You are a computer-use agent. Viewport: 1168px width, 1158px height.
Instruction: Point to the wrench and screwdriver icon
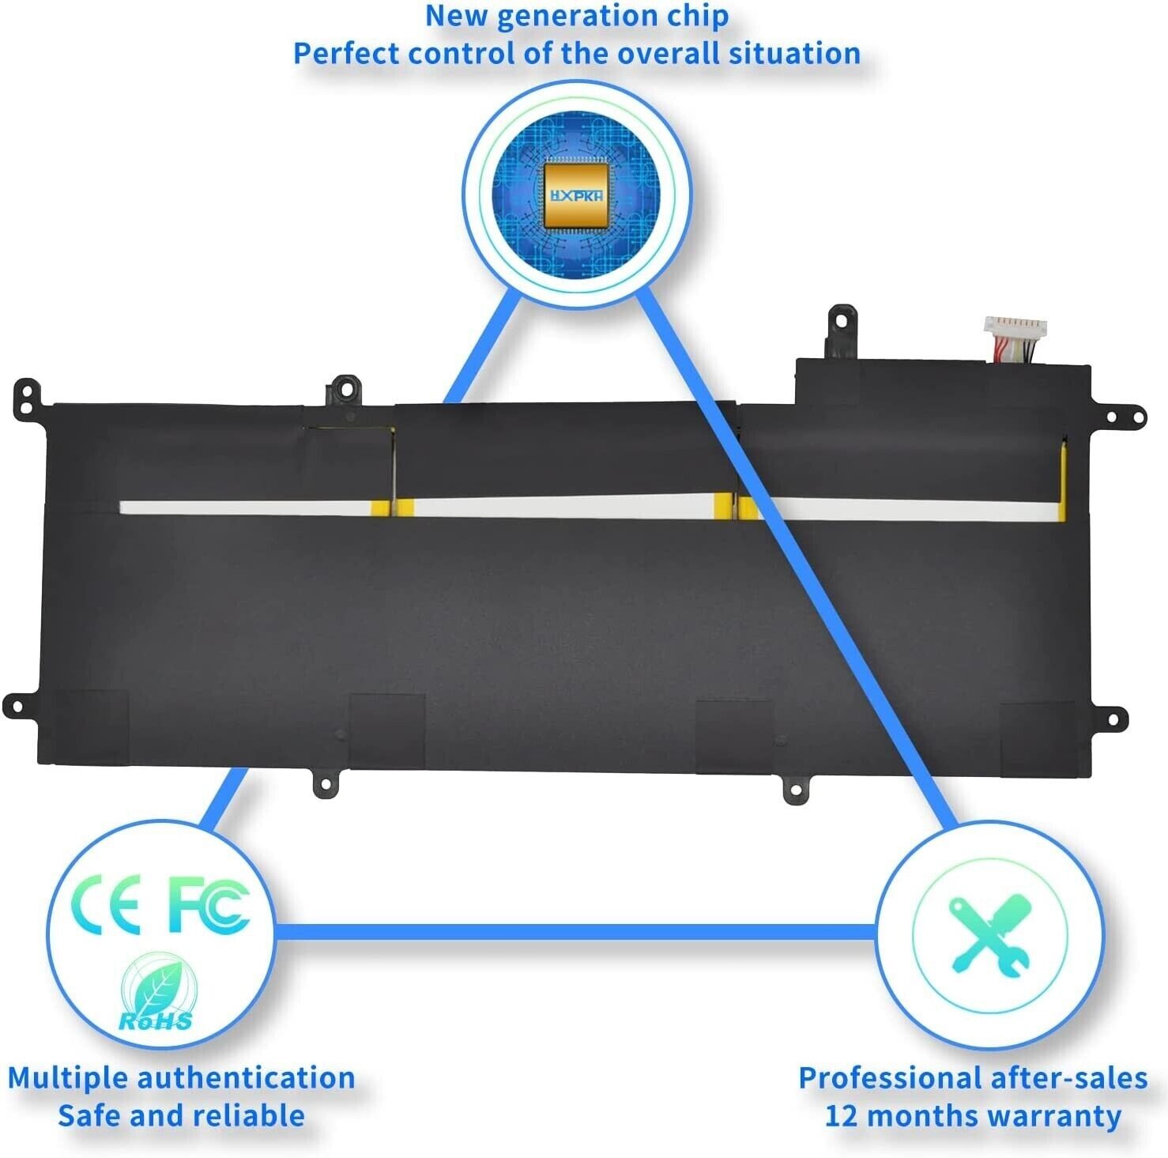coord(989,934)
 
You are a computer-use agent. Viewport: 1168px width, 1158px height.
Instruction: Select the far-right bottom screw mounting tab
coord(1114,720)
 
